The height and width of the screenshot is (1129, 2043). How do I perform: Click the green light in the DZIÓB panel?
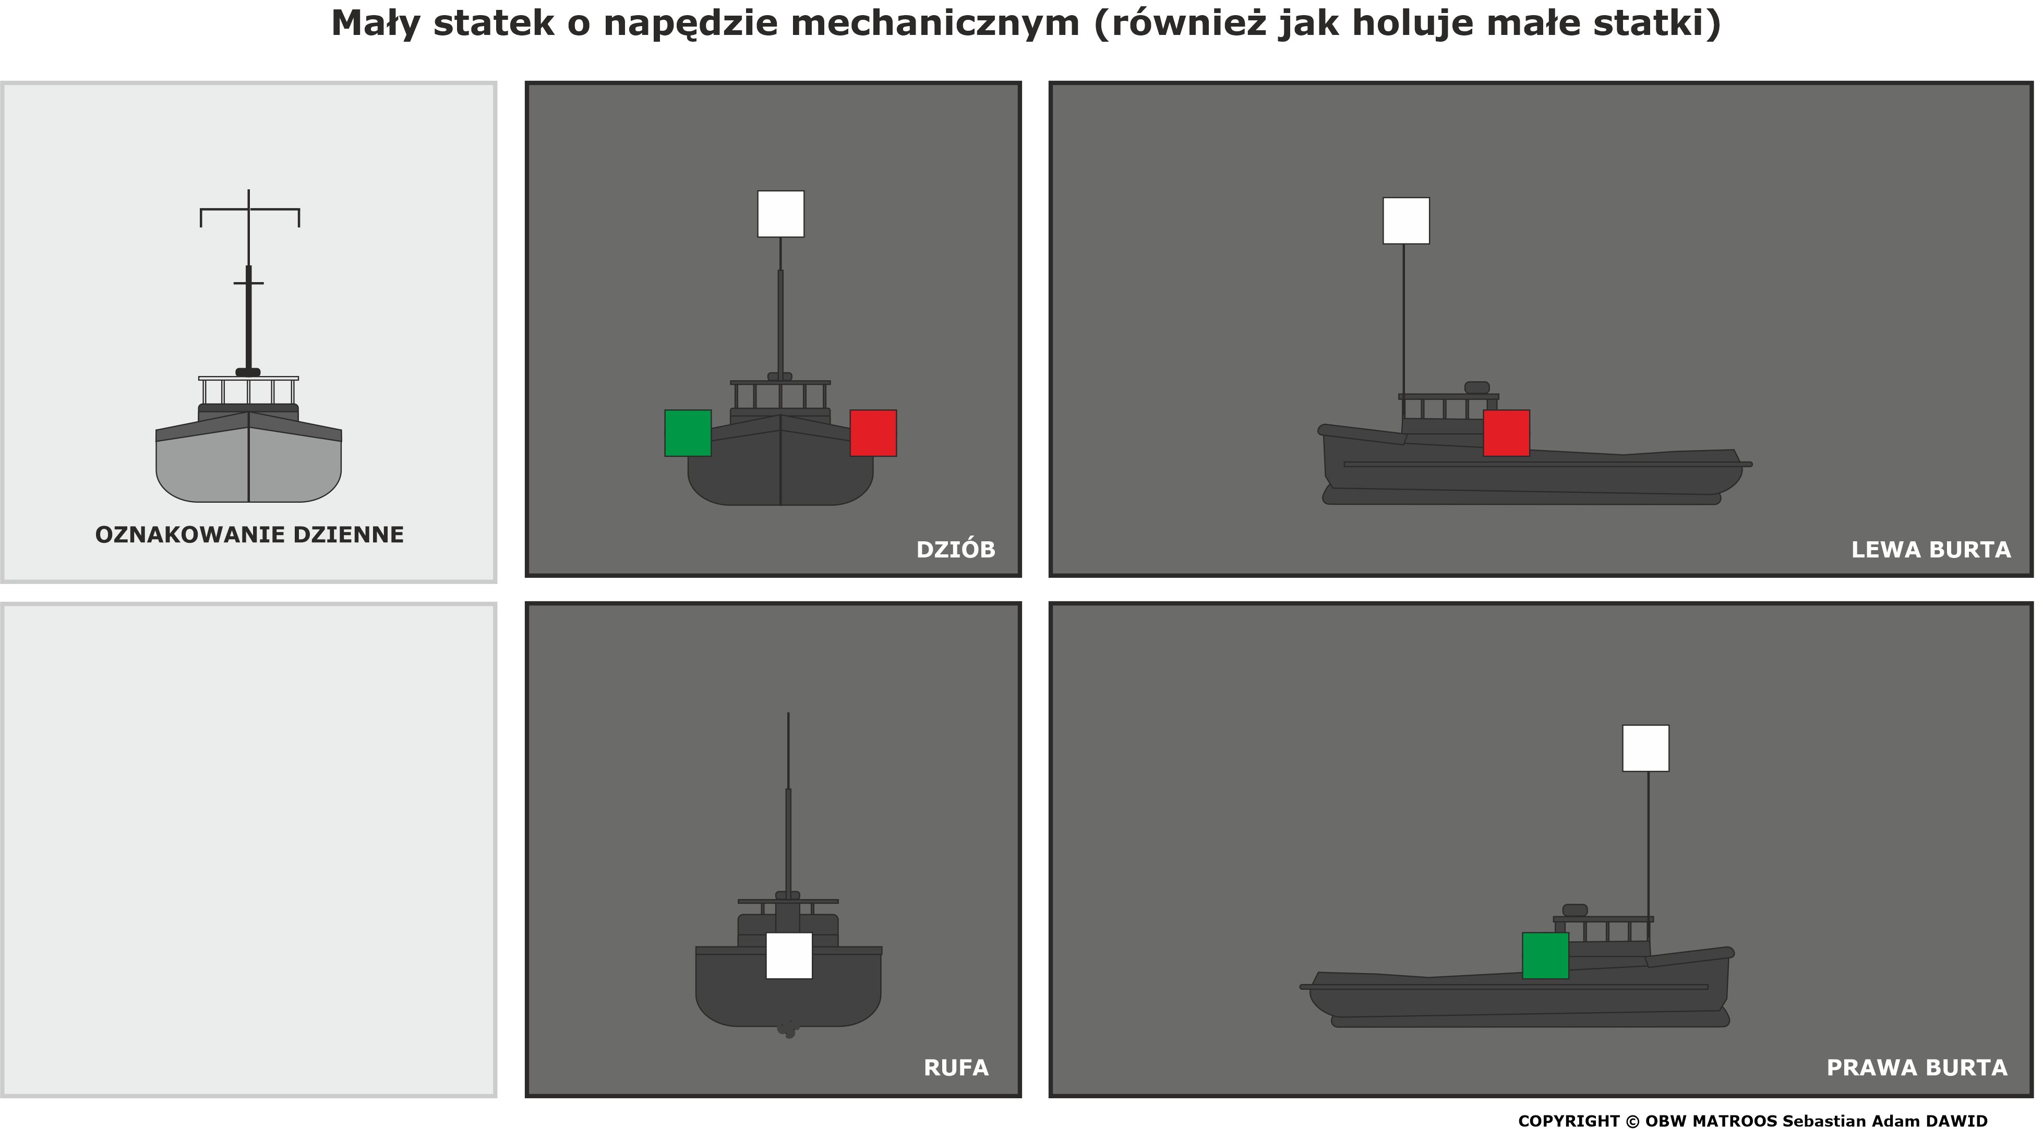click(688, 433)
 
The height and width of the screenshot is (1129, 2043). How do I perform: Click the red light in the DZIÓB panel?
click(873, 433)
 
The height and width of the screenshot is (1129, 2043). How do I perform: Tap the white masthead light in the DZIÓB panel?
click(780, 214)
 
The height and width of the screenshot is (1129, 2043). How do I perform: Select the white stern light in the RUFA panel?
click(789, 955)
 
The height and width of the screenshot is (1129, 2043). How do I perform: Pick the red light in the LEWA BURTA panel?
click(1506, 433)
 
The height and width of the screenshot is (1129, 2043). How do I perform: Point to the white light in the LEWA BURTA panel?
click(1406, 221)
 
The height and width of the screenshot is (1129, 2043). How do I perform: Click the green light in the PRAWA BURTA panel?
click(1545, 955)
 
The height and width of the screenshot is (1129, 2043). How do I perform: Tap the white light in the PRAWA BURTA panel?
click(1645, 748)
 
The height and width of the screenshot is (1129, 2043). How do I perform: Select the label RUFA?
click(956, 1068)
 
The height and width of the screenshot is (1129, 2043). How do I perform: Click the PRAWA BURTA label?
click(1917, 1068)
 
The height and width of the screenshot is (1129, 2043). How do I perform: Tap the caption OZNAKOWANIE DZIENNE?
click(249, 535)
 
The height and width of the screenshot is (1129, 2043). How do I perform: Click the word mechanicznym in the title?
click(935, 24)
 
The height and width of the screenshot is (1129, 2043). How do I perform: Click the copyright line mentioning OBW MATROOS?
click(1753, 1120)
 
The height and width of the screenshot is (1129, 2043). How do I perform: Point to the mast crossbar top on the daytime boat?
click(249, 209)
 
